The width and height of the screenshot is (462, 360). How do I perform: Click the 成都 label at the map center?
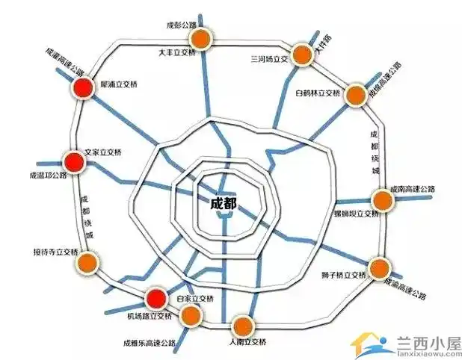[224, 202]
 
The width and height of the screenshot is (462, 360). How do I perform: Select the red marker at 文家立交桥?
[73, 161]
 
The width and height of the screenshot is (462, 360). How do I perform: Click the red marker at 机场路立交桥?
[155, 300]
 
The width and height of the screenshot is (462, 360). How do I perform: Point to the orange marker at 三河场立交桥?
[301, 54]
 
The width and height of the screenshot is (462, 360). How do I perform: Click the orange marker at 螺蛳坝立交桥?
[381, 200]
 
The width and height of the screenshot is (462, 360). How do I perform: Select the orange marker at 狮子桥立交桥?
[380, 267]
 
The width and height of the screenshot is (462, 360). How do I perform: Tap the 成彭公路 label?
[182, 25]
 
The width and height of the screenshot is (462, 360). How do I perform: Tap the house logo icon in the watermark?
[369, 343]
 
